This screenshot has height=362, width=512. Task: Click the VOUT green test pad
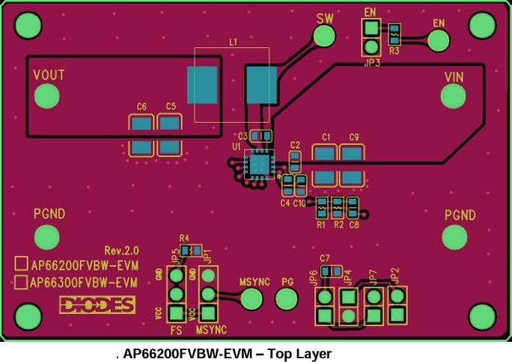tap(47, 96)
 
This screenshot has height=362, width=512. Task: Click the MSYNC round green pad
tap(252, 300)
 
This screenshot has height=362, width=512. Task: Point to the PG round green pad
tap(287, 300)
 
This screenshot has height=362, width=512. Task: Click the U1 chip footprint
tap(259, 162)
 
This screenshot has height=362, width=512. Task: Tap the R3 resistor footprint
tap(394, 34)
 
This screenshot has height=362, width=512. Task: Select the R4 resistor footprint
tap(192, 251)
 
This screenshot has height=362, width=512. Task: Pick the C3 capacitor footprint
tap(260, 136)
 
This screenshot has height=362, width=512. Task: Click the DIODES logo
tap(97, 304)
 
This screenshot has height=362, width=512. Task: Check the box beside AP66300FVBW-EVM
tap(21, 283)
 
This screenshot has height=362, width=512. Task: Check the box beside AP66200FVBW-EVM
tap(21, 264)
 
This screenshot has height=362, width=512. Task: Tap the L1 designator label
tap(233, 43)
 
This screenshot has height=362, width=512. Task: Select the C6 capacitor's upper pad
tap(141, 125)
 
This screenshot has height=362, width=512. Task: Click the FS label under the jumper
tap(177, 330)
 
